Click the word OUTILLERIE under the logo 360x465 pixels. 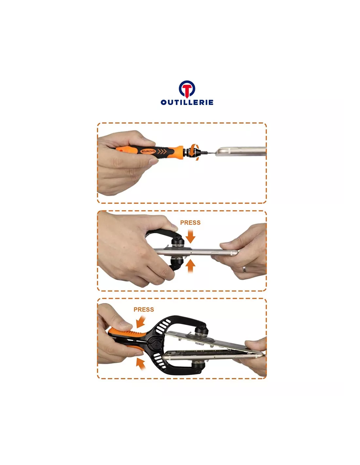pyautogui.click(x=187, y=102)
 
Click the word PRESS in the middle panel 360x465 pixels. pyautogui.click(x=190, y=223)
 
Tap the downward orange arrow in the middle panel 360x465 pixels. pyautogui.click(x=190, y=236)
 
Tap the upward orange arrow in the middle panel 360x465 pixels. pyautogui.click(x=190, y=267)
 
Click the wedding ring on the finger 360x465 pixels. pyautogui.click(x=244, y=269)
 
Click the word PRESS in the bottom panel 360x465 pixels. pyautogui.click(x=144, y=309)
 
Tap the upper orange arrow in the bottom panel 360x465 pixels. pyautogui.click(x=141, y=322)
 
